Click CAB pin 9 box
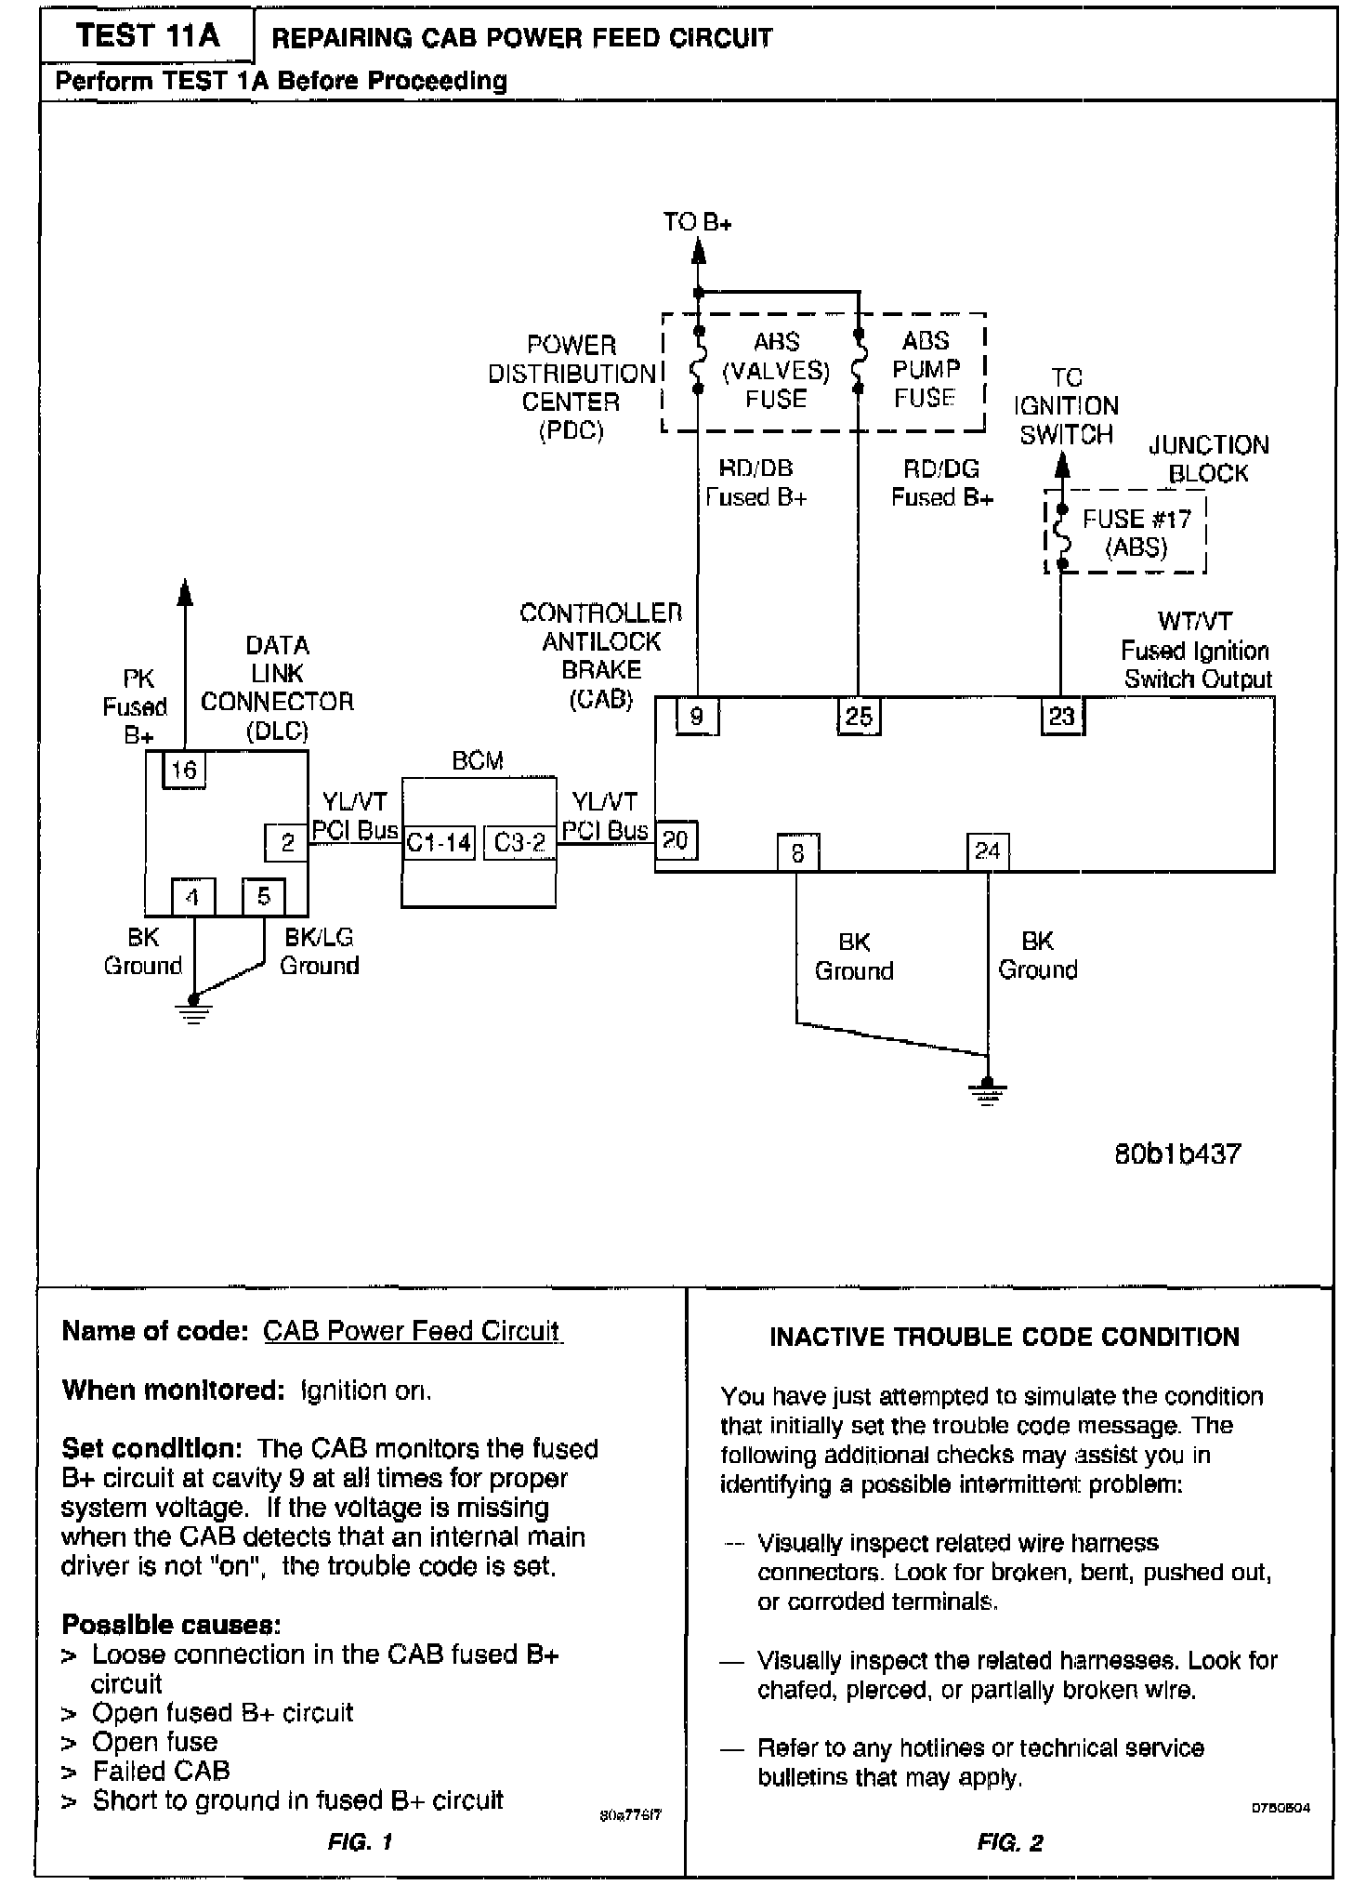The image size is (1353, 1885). tap(697, 717)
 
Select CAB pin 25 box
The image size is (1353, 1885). tap(859, 717)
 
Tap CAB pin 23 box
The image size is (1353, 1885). tap(1061, 717)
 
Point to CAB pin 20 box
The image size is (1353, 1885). tap(676, 840)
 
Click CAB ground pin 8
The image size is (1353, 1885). tap(798, 852)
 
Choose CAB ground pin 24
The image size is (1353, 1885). tap(987, 851)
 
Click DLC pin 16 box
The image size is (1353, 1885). tap(184, 770)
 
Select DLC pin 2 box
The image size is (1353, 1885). tap(287, 843)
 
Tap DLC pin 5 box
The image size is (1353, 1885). tap(264, 897)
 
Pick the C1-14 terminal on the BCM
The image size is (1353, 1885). tap(439, 843)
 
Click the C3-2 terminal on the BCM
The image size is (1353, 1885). tap(519, 843)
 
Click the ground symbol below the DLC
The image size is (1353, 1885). tap(193, 1008)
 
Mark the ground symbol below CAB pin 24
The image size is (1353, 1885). tap(987, 1090)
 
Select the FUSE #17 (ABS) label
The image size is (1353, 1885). tap(1136, 533)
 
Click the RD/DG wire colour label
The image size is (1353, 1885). tap(941, 469)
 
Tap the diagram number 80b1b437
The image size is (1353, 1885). tap(1177, 1154)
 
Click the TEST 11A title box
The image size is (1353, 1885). tap(148, 37)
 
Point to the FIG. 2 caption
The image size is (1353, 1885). tap(1010, 1843)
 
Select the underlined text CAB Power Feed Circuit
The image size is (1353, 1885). tap(412, 1331)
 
